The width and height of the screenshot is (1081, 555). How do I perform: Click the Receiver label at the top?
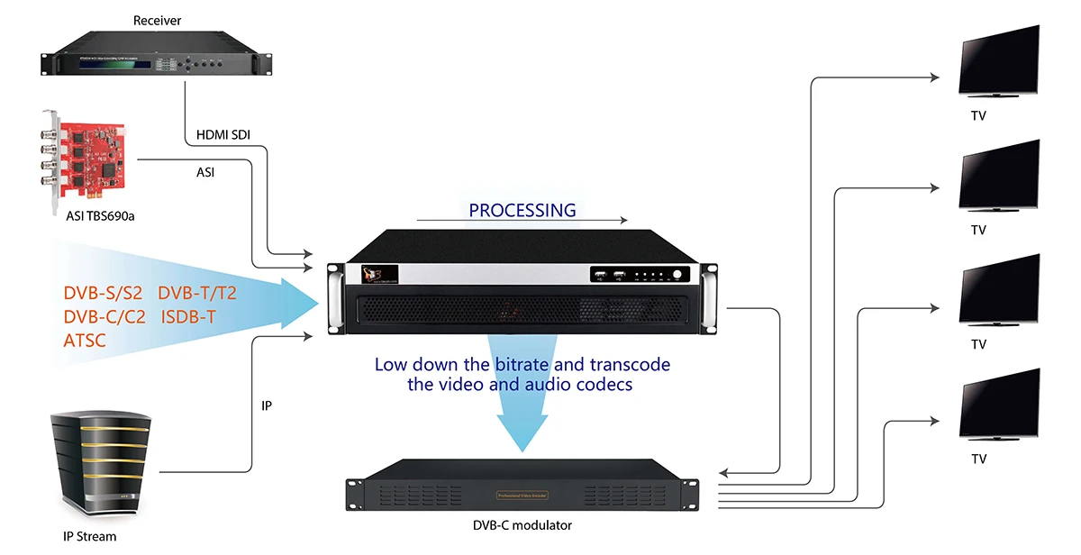[x=158, y=20]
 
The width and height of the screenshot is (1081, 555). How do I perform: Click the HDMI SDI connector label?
[x=223, y=135]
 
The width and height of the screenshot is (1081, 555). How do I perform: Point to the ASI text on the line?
[x=205, y=171]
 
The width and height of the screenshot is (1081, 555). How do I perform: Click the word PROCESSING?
[x=522, y=210]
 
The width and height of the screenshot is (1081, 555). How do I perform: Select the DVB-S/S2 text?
[x=103, y=294]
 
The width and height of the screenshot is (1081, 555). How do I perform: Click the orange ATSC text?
[x=85, y=341]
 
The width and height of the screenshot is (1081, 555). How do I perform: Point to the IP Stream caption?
[x=89, y=537]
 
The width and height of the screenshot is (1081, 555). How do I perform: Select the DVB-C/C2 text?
[x=102, y=317]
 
